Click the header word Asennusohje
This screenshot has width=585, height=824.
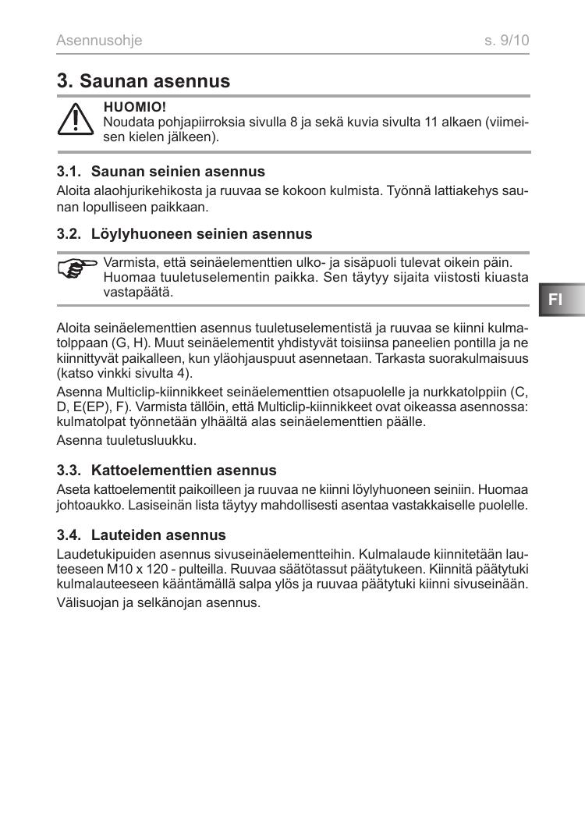pyautogui.click(x=99, y=40)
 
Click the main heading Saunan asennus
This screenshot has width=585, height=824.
pyautogui.click(x=144, y=80)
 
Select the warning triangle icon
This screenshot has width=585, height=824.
pyautogui.click(x=76, y=121)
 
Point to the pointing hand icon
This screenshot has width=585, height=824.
pyautogui.click(x=77, y=269)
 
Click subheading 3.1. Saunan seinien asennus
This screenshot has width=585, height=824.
pyautogui.click(x=161, y=171)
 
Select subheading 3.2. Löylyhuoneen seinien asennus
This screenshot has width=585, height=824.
pyautogui.click(x=184, y=233)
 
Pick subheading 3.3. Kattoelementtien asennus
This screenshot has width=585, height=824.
pyautogui.click(x=166, y=471)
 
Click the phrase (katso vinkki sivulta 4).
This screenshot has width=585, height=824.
pyautogui.click(x=125, y=373)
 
